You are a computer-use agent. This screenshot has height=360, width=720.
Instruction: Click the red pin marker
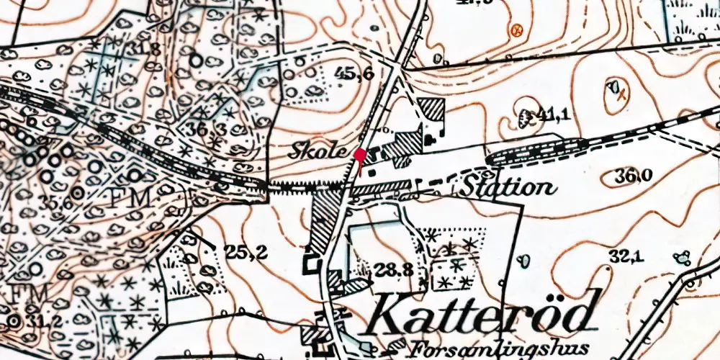click(x=359, y=155)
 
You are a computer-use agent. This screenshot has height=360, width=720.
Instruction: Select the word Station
click(x=508, y=187)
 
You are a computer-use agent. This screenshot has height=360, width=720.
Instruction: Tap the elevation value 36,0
click(x=634, y=176)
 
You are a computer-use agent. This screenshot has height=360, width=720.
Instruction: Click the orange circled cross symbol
click(x=516, y=30)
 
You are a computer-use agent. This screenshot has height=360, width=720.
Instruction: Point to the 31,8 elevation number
click(x=142, y=50)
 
